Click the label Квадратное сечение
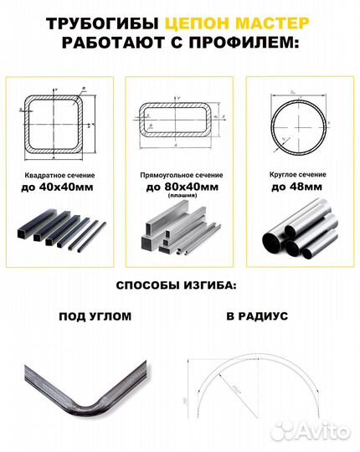59,177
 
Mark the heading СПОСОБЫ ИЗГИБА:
176,285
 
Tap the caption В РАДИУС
256,318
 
